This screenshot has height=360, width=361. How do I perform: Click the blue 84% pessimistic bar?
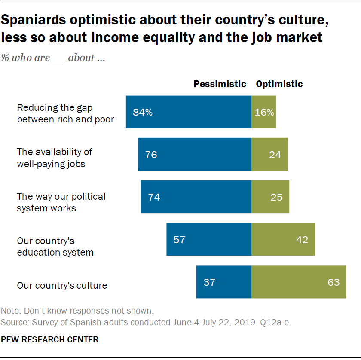point(188,112)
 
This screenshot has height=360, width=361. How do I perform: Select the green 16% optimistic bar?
point(263,112)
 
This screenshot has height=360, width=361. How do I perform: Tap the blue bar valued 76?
point(194,155)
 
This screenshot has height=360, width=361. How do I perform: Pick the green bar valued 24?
point(269,155)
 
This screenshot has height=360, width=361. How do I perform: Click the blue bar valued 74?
point(196,197)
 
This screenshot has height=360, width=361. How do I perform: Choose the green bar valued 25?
point(270,197)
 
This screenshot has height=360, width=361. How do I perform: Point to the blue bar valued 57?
point(209,240)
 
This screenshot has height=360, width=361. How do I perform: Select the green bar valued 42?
point(283,240)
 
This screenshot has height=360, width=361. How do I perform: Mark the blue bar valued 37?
point(224,282)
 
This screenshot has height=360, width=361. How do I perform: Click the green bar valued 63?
point(299,282)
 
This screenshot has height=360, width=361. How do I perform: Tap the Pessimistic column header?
point(220,84)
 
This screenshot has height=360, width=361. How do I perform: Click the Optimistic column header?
point(279,84)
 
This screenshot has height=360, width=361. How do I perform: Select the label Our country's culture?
point(62,285)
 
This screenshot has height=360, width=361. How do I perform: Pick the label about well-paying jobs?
point(54,158)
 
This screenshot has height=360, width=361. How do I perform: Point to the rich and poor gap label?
point(65,113)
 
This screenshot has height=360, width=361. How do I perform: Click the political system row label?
point(61,202)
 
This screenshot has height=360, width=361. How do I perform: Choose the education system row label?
point(55,247)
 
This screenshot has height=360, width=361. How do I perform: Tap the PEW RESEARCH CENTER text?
point(49,339)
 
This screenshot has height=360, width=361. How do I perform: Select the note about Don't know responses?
point(77,311)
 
